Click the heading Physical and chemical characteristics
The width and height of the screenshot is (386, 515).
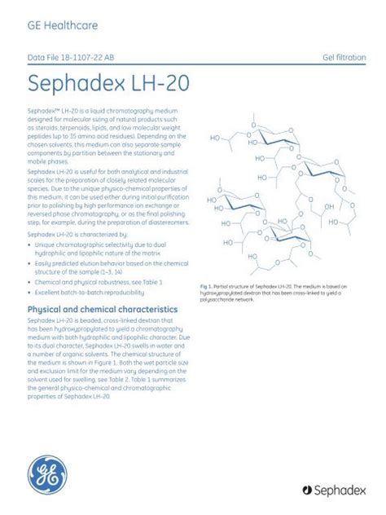[103, 310]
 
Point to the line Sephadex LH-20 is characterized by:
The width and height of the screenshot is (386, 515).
[76, 233]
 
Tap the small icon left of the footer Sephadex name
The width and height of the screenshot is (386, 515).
[308, 490]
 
